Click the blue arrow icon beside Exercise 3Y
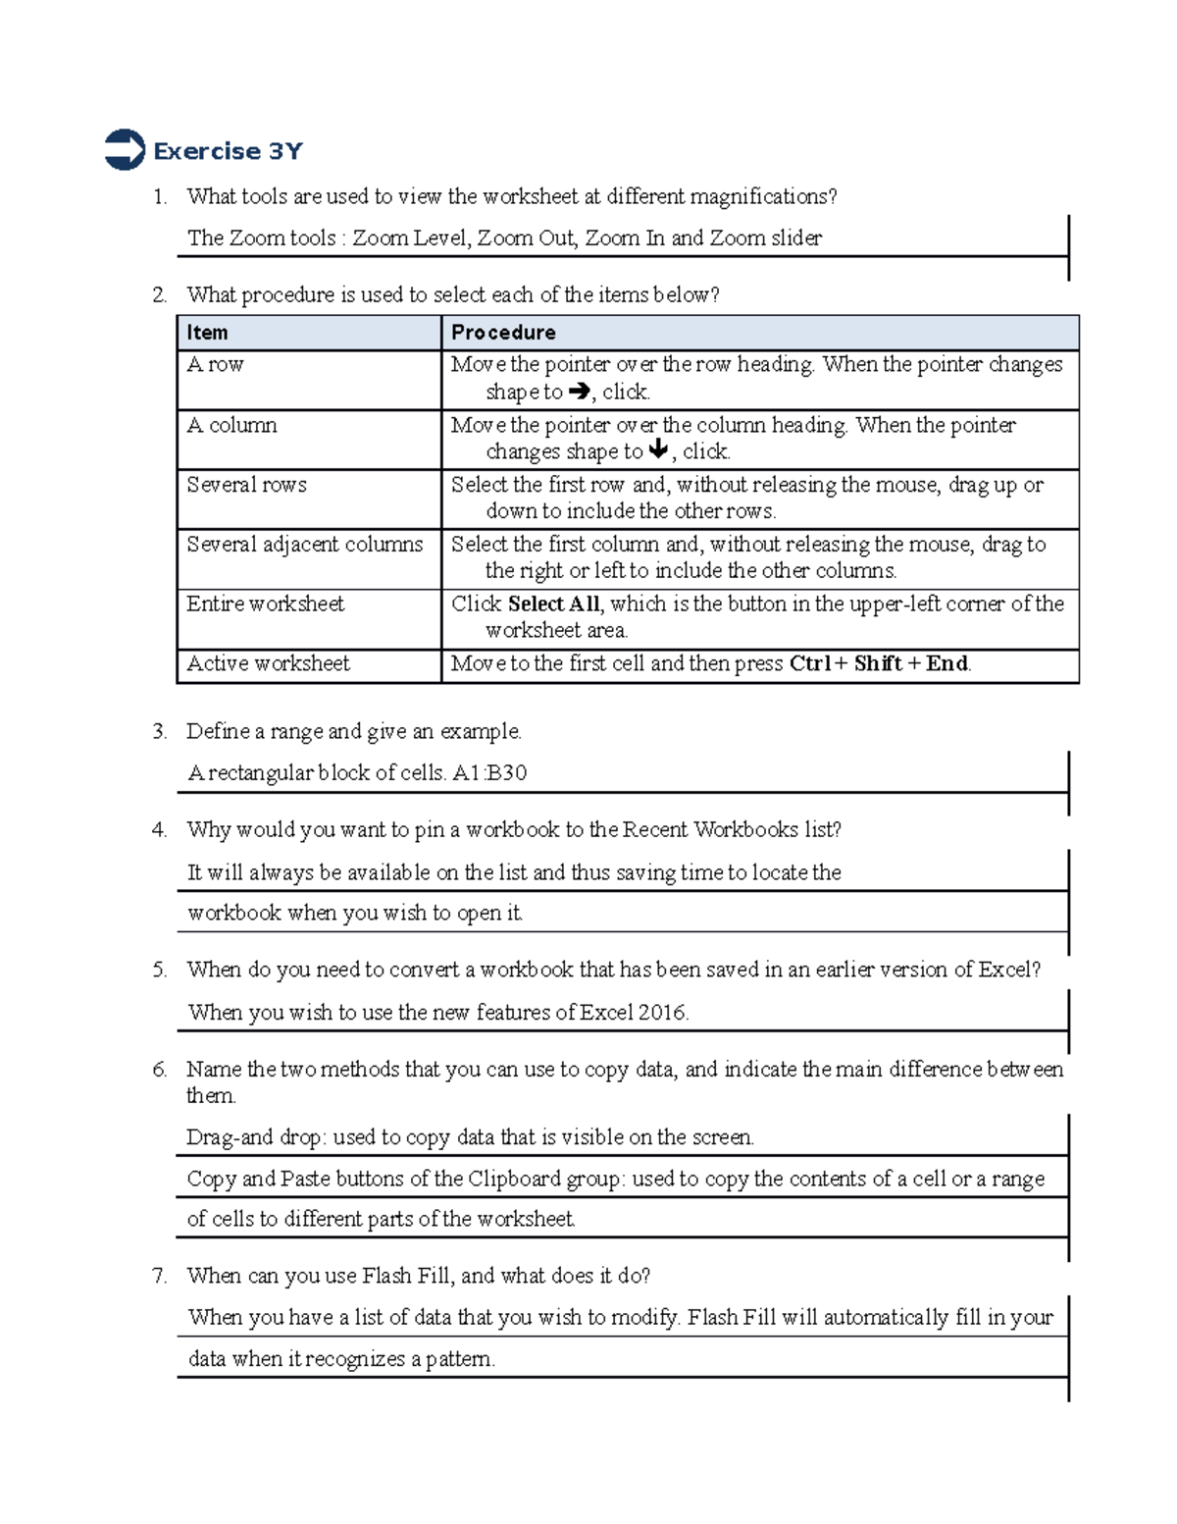tap(125, 150)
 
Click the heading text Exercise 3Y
tap(228, 151)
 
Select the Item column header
tap(208, 333)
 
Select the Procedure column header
tap(503, 333)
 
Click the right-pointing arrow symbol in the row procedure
tap(579, 392)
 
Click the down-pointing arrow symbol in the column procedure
tap(658, 450)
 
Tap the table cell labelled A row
tap(216, 365)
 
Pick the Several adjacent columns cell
tap(305, 545)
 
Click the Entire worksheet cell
tap(266, 604)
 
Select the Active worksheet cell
tap(269, 664)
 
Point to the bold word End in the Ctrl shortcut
tap(947, 664)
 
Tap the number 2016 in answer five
tap(661, 1013)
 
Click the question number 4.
tap(159, 830)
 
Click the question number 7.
tap(159, 1277)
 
